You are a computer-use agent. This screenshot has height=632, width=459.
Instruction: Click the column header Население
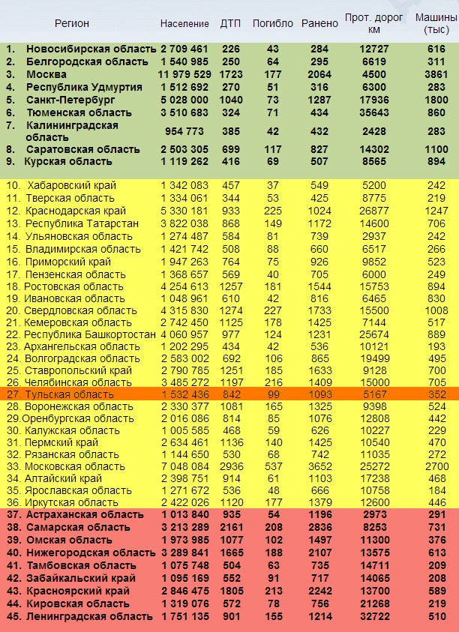pos(184,23)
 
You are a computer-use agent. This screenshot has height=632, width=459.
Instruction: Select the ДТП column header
pos(230,23)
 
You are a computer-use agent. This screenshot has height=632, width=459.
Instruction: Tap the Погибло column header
pos(273,23)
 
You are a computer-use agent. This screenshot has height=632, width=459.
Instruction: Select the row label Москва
pos(46,74)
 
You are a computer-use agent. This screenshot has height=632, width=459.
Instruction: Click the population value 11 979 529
pos(183,74)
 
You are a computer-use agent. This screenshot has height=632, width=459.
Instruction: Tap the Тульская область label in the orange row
pos(70,394)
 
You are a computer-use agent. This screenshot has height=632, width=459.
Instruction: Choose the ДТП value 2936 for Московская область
pos(230,466)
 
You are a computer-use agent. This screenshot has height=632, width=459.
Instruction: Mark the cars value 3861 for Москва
pos(436,74)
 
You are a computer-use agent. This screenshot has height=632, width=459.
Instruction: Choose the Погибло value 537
pos(272,466)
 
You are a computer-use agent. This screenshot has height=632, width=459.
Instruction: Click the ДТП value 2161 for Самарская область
pos(230,528)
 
